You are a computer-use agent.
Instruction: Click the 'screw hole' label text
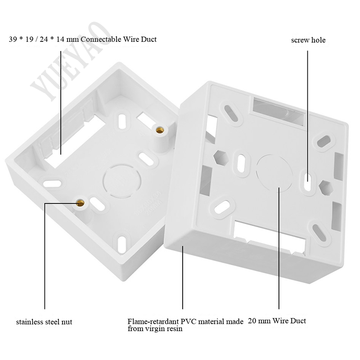pyautogui.click(x=308, y=40)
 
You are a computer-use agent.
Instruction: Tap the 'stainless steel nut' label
pyautogui.click(x=44, y=322)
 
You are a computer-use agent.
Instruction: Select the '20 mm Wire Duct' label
pyautogui.click(x=277, y=320)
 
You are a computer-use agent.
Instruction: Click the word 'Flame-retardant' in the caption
pyautogui.click(x=153, y=321)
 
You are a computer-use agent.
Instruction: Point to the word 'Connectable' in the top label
pyautogui.click(x=101, y=39)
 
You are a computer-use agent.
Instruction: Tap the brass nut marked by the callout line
pyautogui.click(x=80, y=203)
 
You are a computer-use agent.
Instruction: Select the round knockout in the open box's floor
pyautogui.click(x=122, y=181)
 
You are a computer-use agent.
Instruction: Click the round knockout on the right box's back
pyautogui.click(x=274, y=173)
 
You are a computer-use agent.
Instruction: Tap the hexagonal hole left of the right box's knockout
pyautogui.click(x=220, y=157)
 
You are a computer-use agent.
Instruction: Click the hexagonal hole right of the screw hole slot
pyautogui.click(x=326, y=188)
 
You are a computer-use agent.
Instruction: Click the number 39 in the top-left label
pyautogui.click(x=13, y=39)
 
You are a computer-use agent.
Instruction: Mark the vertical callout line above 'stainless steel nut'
pyautogui.click(x=45, y=256)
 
